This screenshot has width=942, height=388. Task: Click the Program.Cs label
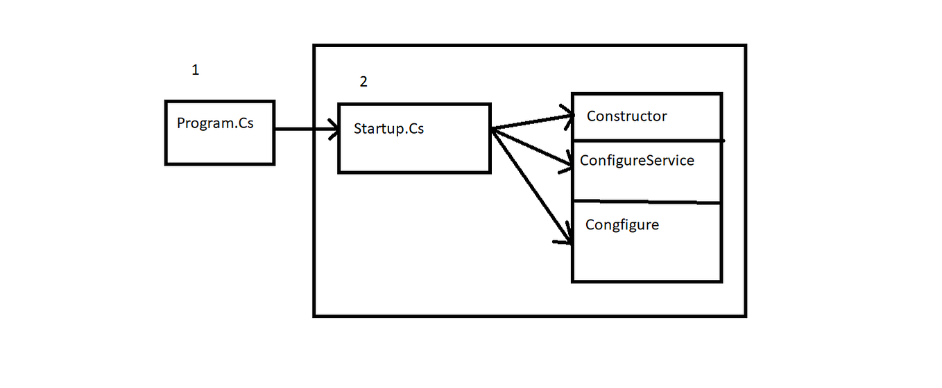(215, 124)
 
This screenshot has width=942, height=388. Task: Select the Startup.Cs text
(388, 129)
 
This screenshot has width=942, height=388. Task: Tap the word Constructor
(626, 116)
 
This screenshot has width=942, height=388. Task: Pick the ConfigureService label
(637, 161)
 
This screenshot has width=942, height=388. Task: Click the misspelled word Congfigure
(622, 225)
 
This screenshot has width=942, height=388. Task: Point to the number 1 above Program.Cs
(196, 70)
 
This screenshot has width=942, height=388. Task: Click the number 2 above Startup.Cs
(363, 82)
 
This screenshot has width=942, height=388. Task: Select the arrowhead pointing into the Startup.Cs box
(333, 129)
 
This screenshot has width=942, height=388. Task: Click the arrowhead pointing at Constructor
(570, 117)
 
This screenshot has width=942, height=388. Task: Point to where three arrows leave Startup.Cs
(492, 129)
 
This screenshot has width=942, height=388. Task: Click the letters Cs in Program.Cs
(246, 124)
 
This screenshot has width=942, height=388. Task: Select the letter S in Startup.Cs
(358, 129)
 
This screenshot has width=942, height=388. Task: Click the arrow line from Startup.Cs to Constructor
(531, 123)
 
